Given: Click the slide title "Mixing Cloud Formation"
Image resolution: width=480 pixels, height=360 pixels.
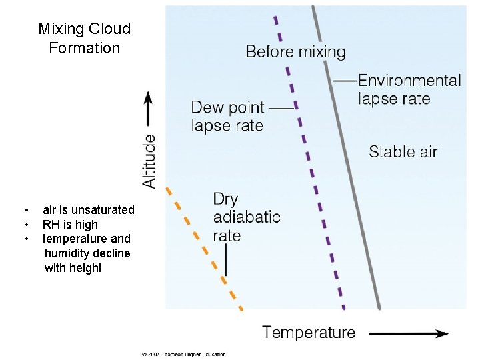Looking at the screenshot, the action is pos(84,38).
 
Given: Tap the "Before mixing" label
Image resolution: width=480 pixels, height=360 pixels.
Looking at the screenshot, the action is pos(295,51).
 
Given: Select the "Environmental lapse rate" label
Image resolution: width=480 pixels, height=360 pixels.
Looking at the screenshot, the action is pos(409,89).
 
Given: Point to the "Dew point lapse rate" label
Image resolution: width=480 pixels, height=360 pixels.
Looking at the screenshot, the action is pos(227,116).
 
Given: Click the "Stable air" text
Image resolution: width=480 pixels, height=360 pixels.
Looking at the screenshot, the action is pos(403,151).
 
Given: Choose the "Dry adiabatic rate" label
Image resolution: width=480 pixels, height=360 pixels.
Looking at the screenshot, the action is pos(246,217).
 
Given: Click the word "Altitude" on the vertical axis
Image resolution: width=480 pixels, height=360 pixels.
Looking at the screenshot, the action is pos(149,161).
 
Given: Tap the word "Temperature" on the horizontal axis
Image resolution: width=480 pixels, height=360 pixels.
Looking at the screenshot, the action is pos(309,332).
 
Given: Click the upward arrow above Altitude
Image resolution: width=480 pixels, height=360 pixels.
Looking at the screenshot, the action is pos(149,110).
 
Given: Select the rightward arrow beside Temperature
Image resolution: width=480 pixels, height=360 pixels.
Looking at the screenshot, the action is pos(408,333).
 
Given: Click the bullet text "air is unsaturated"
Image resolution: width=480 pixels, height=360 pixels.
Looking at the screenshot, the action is pos(88,210).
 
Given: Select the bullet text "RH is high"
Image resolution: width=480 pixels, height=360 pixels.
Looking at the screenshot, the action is pos(70,225).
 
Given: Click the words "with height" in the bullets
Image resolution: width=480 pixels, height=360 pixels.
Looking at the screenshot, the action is pos(73,268).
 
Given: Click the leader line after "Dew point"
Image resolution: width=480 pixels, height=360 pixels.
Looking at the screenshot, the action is pos(282,107).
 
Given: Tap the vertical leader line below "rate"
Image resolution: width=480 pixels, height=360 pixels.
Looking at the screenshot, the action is pos(226,260).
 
